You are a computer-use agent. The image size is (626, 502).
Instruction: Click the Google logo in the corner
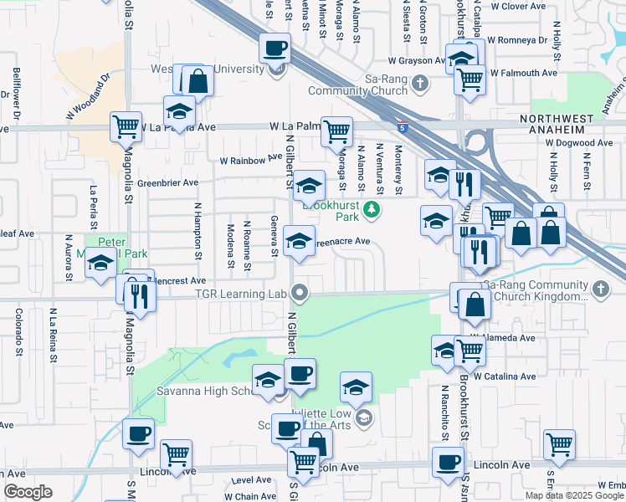coord(28,492)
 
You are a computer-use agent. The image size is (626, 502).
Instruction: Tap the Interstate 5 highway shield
coord(404,129)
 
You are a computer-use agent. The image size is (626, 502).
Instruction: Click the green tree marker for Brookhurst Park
coord(373,211)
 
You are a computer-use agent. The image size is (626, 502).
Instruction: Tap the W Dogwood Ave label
coord(578,143)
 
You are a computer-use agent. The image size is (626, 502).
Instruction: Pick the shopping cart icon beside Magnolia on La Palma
coord(126,126)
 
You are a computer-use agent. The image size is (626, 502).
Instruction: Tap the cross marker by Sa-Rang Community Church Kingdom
coord(599,289)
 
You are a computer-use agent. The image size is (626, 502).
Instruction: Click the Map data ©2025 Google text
coord(575,495)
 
